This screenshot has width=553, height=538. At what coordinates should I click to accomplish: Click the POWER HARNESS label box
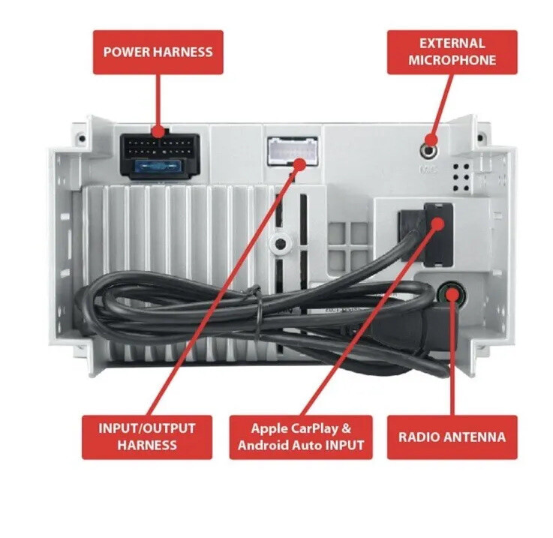coord(158,53)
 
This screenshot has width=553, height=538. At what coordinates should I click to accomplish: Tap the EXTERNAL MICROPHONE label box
coord(452,53)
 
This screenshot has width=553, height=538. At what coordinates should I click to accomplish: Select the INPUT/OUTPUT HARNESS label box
coord(147,437)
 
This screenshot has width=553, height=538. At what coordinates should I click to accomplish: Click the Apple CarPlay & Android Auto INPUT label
coord(301,437)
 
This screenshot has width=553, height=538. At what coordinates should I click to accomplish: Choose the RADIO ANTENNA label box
coord(452,437)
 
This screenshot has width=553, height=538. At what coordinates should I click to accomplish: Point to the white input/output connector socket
coord(293,152)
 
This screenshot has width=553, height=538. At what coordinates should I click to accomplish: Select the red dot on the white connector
coord(300,164)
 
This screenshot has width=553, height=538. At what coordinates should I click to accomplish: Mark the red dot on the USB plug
coord(437,224)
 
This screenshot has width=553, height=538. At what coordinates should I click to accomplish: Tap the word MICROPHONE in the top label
coord(452,60)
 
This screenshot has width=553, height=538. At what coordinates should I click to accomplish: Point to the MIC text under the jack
coord(428,170)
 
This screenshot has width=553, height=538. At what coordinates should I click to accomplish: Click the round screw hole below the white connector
coord(281,244)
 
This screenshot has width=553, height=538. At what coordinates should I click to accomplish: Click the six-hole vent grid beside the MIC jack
coord(461,177)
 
